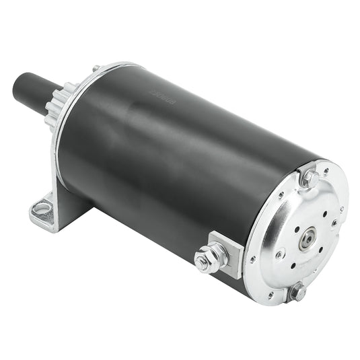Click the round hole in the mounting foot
[x=42, y=209]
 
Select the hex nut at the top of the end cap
[x=310, y=178]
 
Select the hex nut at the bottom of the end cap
[x=296, y=291]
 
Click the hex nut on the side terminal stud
[x=211, y=258]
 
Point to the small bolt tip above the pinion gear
[x=96, y=68]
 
